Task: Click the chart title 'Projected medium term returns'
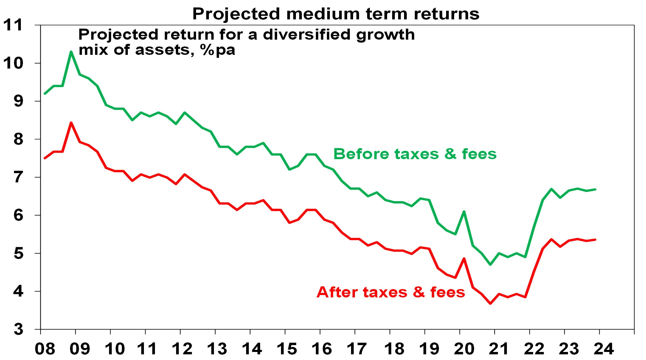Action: [336, 14]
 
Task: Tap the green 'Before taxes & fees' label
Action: [415, 154]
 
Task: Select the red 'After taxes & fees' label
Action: [391, 292]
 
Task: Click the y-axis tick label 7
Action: [18, 177]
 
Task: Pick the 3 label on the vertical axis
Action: [18, 329]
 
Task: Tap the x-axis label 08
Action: [45, 349]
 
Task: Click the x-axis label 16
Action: [322, 349]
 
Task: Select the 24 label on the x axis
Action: [604, 349]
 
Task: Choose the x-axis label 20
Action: [464, 349]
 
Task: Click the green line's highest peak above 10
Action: [71, 52]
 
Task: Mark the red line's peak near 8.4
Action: [71, 123]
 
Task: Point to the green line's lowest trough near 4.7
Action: [490, 264]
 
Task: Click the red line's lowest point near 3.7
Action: [490, 303]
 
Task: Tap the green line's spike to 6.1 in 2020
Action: [464, 212]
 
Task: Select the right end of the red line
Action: [595, 240]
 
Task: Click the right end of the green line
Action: [595, 189]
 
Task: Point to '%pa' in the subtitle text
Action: [218, 50]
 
